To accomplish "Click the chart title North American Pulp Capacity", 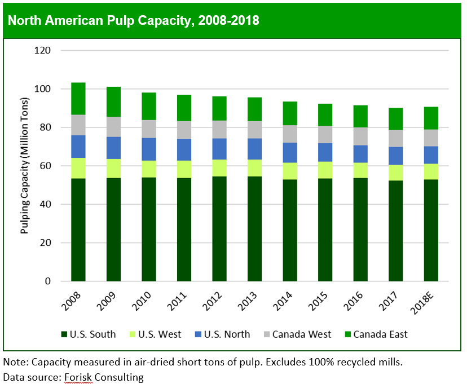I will click(x=133, y=21).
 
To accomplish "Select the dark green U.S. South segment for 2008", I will click(x=78, y=230).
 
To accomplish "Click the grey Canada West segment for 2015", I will click(x=325, y=134).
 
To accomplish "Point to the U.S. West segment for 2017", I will click(x=396, y=173).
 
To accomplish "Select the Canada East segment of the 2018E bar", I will click(x=431, y=118).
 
